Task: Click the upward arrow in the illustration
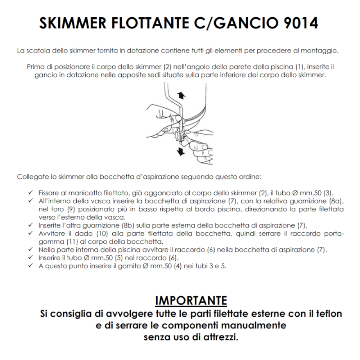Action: pyautogui.click(x=182, y=95)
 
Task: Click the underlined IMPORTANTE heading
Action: pyautogui.click(x=191, y=301)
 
